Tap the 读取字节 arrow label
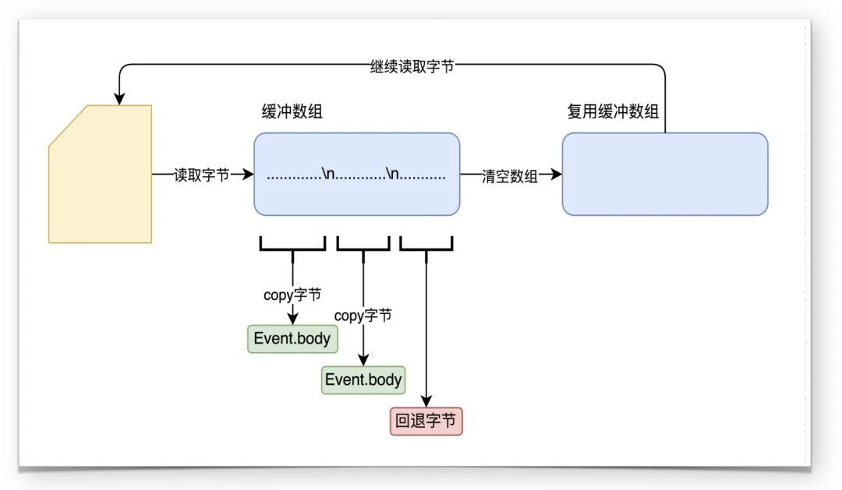click(201, 175)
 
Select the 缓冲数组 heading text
click(292, 112)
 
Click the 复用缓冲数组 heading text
click(613, 112)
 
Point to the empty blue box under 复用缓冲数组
click(664, 174)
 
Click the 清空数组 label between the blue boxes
click(510, 175)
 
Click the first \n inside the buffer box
click(327, 175)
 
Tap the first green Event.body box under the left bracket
click(292, 339)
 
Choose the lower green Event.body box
click(363, 379)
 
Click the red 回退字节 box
click(426, 421)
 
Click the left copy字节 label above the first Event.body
click(292, 295)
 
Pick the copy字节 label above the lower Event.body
click(363, 316)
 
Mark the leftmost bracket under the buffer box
click(292, 246)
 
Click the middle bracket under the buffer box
click(363, 246)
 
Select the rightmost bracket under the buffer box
click(426, 246)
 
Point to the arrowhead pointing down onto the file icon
click(119, 99)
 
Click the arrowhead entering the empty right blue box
click(556, 175)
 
